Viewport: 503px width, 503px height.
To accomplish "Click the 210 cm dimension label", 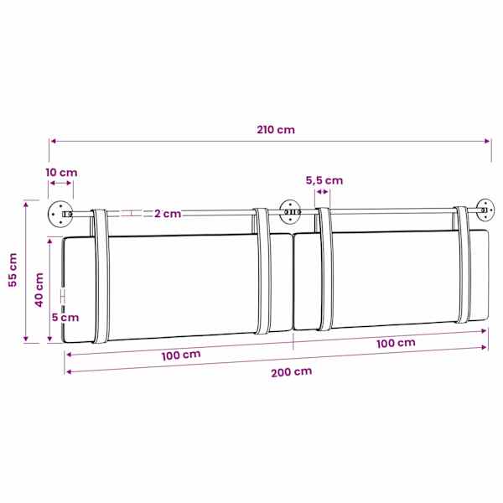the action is pos(276,130).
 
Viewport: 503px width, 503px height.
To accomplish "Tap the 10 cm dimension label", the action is pos(61,173).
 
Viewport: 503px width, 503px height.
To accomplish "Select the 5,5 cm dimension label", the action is pos(324,180).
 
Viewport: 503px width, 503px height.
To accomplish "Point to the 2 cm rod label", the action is pos(168,214).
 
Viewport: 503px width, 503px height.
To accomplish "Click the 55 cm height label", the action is pos(13,270).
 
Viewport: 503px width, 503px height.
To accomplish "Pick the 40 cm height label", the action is pos(39,290).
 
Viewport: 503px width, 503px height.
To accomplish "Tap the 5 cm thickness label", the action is pos(65,318).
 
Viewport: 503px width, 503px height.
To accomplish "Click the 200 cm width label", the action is pos(291,371).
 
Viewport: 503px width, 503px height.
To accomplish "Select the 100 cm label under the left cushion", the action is pos(181,355).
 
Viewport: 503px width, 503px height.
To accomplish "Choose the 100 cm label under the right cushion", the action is pos(396,343).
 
